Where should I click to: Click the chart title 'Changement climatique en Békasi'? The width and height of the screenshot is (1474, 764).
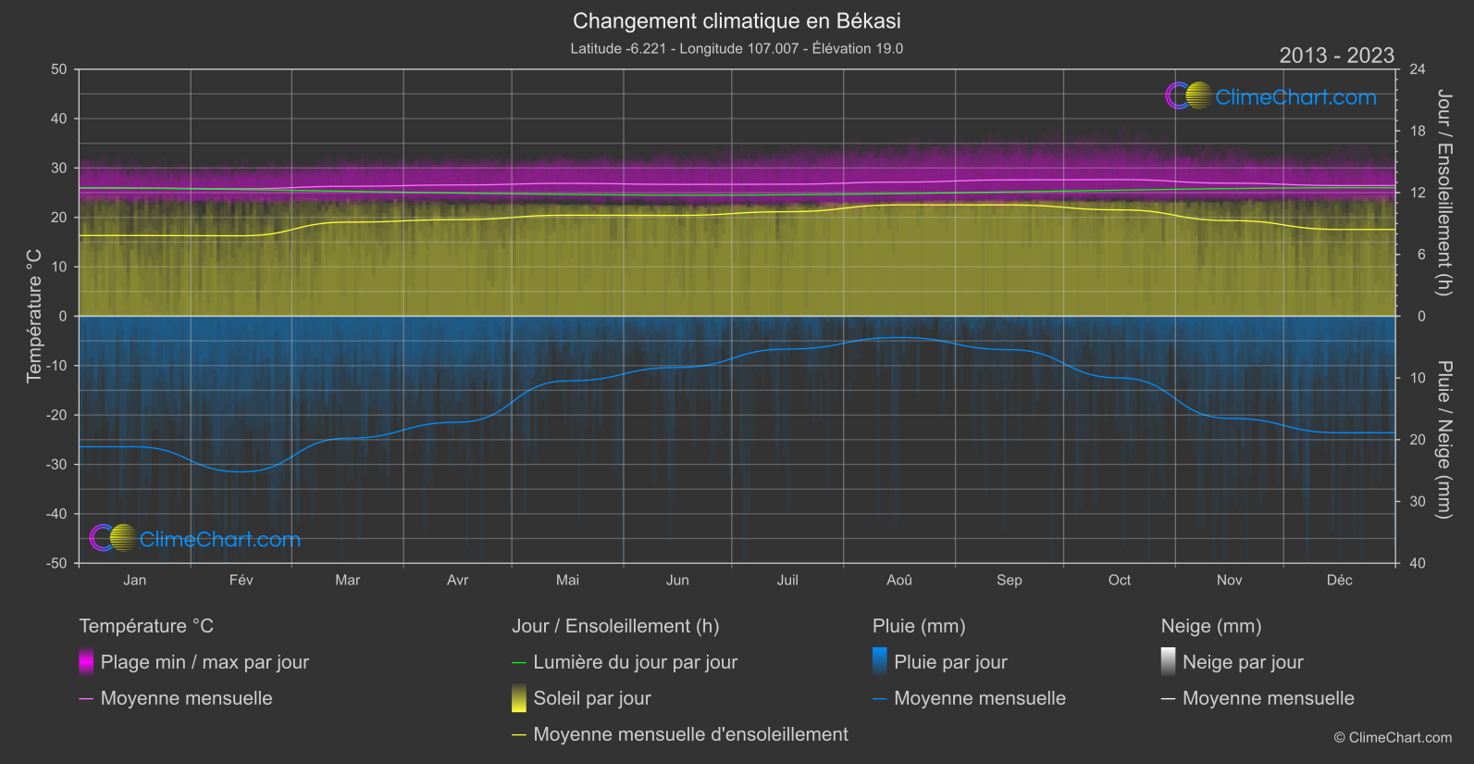737,20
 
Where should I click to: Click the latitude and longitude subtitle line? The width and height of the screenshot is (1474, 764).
737,48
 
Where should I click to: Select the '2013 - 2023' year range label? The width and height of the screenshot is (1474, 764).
1336,56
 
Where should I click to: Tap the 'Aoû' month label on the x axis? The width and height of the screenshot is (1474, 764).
898,580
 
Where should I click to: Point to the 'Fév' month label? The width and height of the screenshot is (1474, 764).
241,580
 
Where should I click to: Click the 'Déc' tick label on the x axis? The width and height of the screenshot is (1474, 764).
1339,580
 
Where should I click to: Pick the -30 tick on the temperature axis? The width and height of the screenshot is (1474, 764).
57,464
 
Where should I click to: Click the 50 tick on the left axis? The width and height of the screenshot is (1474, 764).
59,69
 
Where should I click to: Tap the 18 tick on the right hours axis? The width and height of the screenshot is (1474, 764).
1418,131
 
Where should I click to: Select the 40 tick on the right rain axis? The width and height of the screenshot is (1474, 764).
1418,563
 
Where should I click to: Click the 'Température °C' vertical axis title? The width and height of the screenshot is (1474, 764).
34,315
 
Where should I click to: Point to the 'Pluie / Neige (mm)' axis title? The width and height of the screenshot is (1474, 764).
1443,439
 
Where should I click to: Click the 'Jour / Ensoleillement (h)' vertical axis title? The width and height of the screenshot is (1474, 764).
1443,193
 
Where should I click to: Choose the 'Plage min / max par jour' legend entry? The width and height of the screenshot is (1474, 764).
204,662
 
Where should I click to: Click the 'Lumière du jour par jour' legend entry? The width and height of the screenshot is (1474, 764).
635,662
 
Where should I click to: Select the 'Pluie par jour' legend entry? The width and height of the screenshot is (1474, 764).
950,662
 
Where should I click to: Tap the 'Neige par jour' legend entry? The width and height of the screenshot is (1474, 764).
1243,662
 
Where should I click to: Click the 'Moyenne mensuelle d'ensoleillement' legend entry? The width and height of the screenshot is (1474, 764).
690,734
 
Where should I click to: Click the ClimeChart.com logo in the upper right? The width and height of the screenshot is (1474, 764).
1271,96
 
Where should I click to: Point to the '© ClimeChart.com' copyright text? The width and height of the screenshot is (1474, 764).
1393,737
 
